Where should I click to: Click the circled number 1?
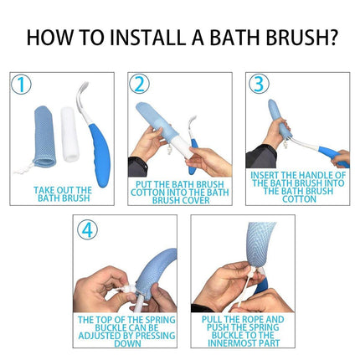pos(21,85)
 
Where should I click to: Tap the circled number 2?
pos(139,85)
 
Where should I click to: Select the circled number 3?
pos(259,85)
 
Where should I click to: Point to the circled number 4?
pos(86,229)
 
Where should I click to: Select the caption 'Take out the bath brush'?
pos(63,194)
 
